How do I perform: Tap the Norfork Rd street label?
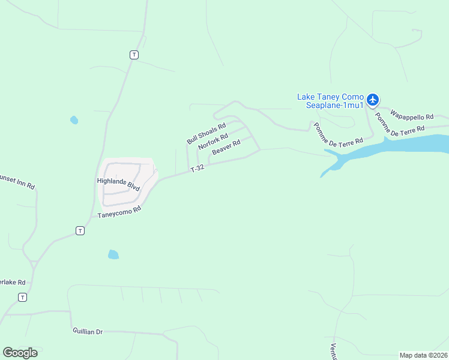point(213,141)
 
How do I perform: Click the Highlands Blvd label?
point(118,184)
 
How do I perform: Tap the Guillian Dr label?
point(88,331)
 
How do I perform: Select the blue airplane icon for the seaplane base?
point(373,99)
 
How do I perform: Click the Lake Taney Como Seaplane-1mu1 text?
point(331,101)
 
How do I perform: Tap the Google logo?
point(20,353)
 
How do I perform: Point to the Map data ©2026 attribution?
point(423,355)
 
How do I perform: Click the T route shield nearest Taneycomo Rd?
point(80,230)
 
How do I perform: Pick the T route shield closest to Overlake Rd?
point(22,297)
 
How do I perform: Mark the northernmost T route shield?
point(134,55)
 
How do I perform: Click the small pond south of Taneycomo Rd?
point(113,254)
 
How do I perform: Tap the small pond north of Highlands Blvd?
point(74,120)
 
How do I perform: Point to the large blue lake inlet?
point(396,146)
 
